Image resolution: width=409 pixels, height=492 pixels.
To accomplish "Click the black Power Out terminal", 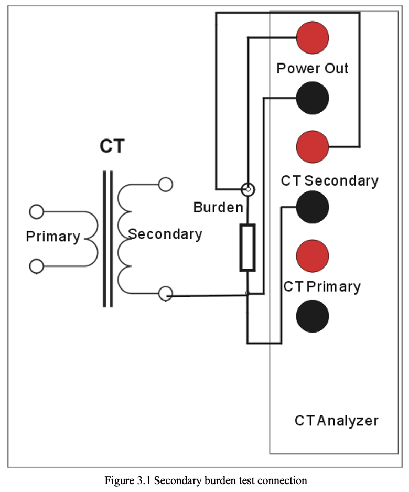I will [313, 98].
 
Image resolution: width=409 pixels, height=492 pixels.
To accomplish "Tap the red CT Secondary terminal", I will [313, 147].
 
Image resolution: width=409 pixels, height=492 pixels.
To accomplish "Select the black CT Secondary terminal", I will [313, 207].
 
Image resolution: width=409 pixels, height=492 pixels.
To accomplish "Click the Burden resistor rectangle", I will [247, 248].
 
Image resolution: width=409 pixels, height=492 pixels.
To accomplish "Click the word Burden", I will [218, 207].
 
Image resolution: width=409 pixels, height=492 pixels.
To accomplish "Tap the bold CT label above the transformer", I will [112, 146].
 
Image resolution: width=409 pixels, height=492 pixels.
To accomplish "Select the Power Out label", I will [313, 69].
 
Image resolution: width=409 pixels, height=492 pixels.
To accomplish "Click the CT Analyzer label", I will [336, 421].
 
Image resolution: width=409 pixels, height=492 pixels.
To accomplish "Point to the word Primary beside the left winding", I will [53, 237].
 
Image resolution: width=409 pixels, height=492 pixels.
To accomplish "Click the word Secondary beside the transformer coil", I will [165, 234].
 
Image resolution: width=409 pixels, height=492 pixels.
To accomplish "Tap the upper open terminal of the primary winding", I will [36, 212].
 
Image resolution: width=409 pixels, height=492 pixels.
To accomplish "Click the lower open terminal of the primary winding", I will [36, 266].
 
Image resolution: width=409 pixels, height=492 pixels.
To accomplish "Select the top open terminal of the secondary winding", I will [166, 184].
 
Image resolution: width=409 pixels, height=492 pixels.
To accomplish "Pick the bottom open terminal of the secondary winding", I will [166, 294].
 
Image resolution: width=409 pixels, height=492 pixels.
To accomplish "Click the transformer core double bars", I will [107, 239].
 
